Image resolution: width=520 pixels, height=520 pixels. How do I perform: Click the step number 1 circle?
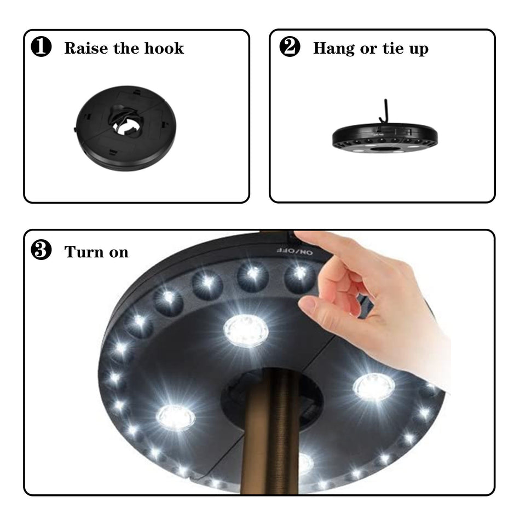(42, 48)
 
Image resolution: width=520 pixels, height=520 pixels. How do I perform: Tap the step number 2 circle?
(290, 48)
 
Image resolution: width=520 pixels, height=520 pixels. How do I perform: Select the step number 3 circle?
(42, 251)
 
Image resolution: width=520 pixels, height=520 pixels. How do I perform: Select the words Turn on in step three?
(96, 252)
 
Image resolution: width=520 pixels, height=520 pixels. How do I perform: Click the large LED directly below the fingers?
(246, 331)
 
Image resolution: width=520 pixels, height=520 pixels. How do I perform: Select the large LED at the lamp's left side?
(176, 417)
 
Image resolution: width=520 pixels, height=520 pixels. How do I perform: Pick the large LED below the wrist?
(373, 386)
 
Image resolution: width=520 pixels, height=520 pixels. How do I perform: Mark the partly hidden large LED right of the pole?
(305, 463)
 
